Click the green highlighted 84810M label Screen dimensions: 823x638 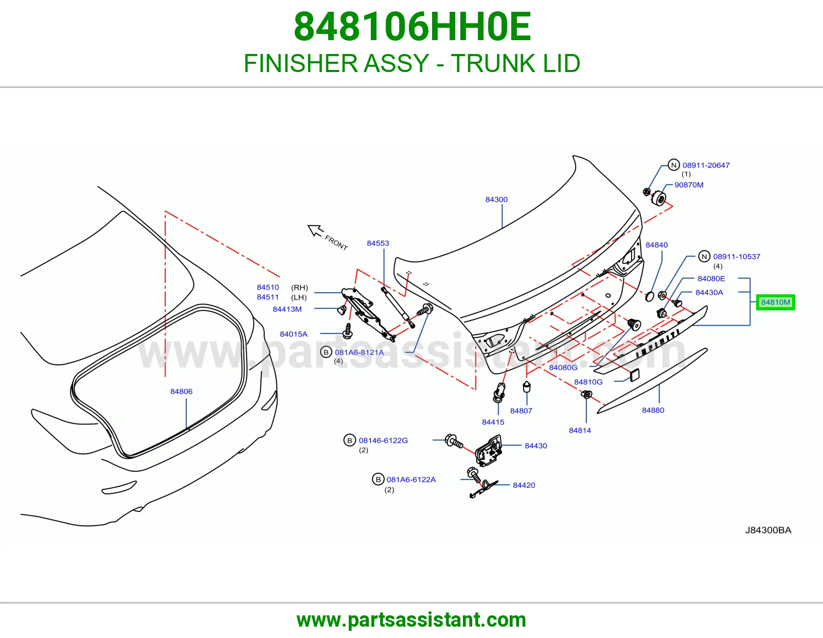[x=775, y=303]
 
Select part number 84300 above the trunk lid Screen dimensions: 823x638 [x=496, y=199]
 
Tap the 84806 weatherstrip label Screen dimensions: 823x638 [x=181, y=392]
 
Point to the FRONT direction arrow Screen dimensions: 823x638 [x=315, y=230]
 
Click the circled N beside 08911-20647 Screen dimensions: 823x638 [x=673, y=165]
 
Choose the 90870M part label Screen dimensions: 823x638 [x=689, y=185]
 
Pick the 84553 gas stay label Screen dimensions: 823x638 [x=378, y=243]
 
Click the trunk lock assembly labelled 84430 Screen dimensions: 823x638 [x=489, y=450]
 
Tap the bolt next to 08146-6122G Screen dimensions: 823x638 [x=454, y=441]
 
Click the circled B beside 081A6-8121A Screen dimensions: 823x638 [x=326, y=352]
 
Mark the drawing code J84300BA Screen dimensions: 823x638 [x=768, y=530]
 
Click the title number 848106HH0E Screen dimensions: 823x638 [x=413, y=27]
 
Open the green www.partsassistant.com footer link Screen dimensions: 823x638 [x=411, y=620]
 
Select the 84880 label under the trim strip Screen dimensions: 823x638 [x=653, y=410]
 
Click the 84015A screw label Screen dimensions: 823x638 [x=294, y=334]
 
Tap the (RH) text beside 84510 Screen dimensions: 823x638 [x=299, y=288]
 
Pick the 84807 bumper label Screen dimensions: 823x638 [x=521, y=411]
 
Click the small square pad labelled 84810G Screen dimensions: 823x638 [x=634, y=375]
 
